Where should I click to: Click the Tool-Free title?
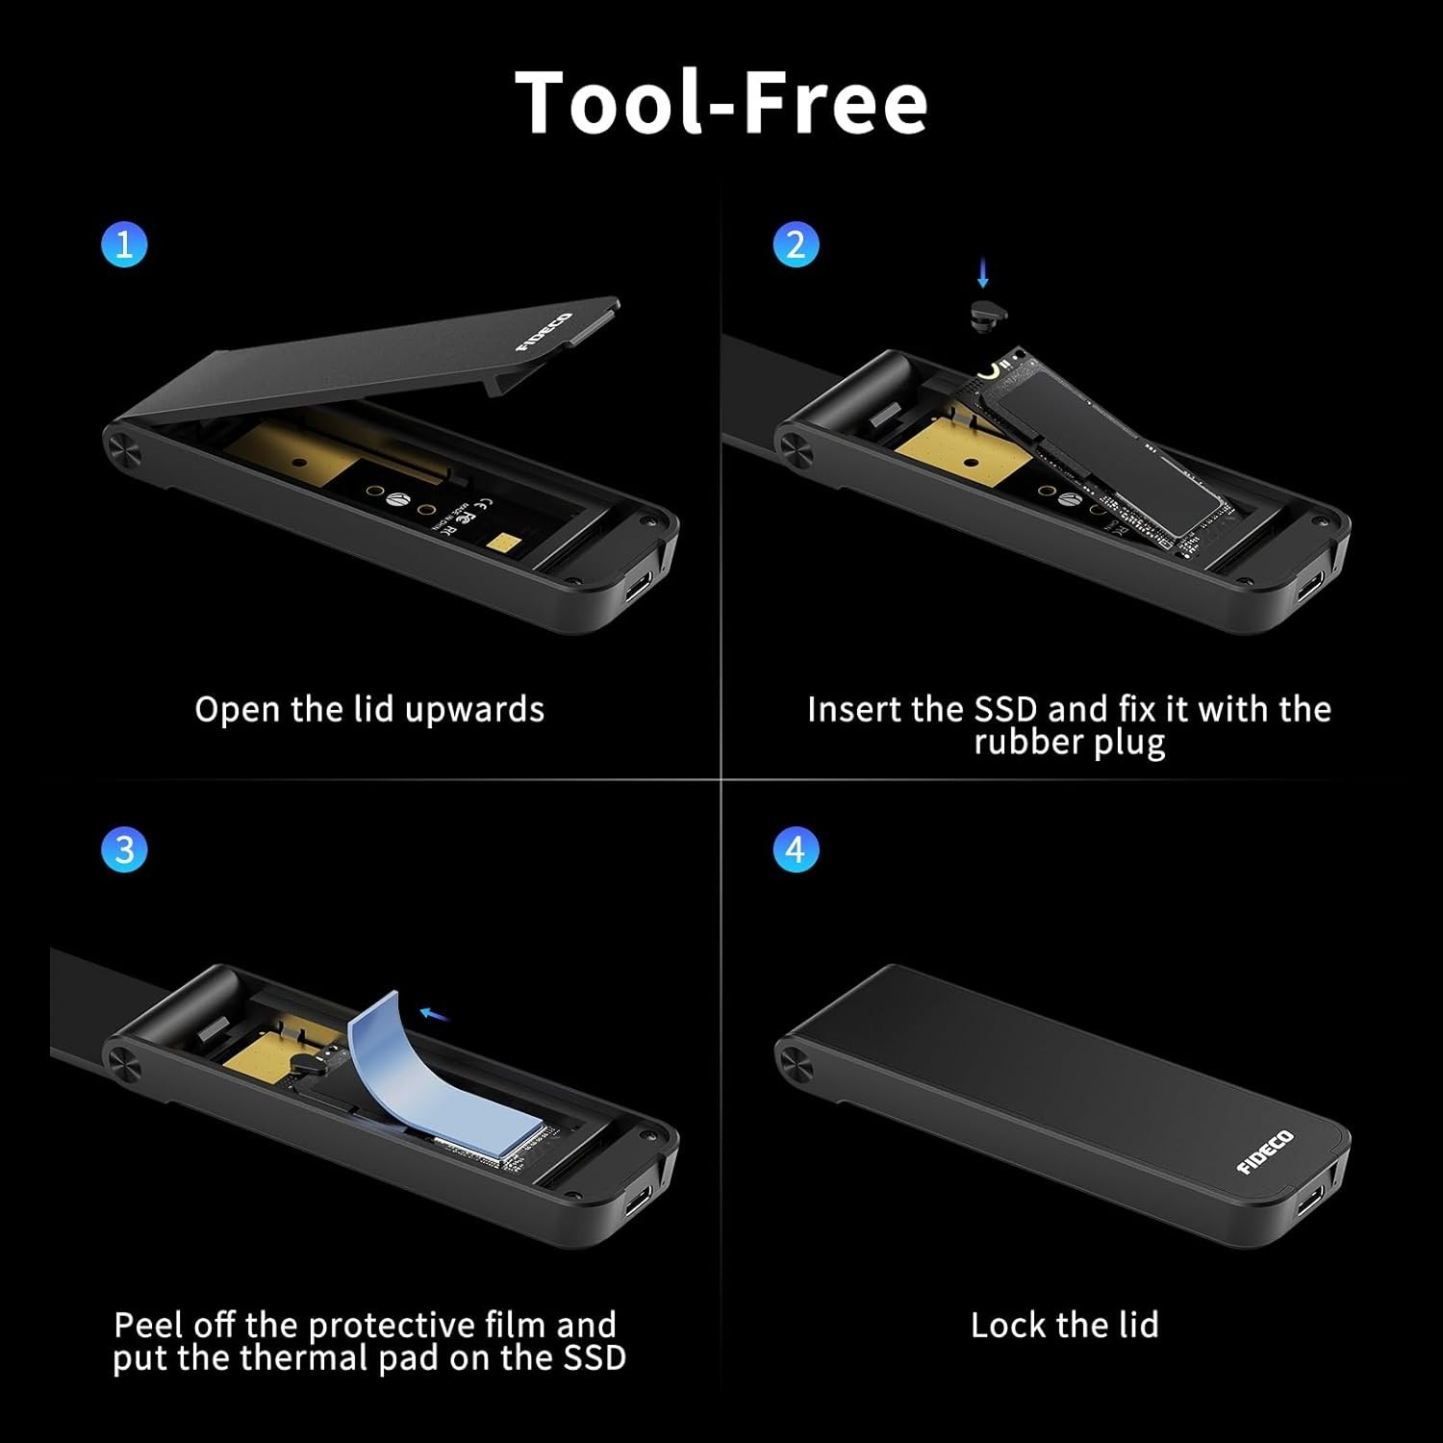point(721,102)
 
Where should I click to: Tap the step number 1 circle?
point(124,244)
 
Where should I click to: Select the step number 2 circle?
point(796,244)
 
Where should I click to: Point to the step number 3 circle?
point(124,850)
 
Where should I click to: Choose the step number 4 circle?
point(796,850)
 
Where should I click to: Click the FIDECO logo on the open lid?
point(544,332)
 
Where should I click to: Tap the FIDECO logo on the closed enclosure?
point(1265,1152)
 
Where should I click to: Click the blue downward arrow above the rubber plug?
point(982,272)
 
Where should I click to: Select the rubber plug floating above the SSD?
point(983,311)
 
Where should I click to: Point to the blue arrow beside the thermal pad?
point(435,1013)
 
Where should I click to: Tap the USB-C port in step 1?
point(637,583)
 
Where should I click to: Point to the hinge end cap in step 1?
point(123,448)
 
